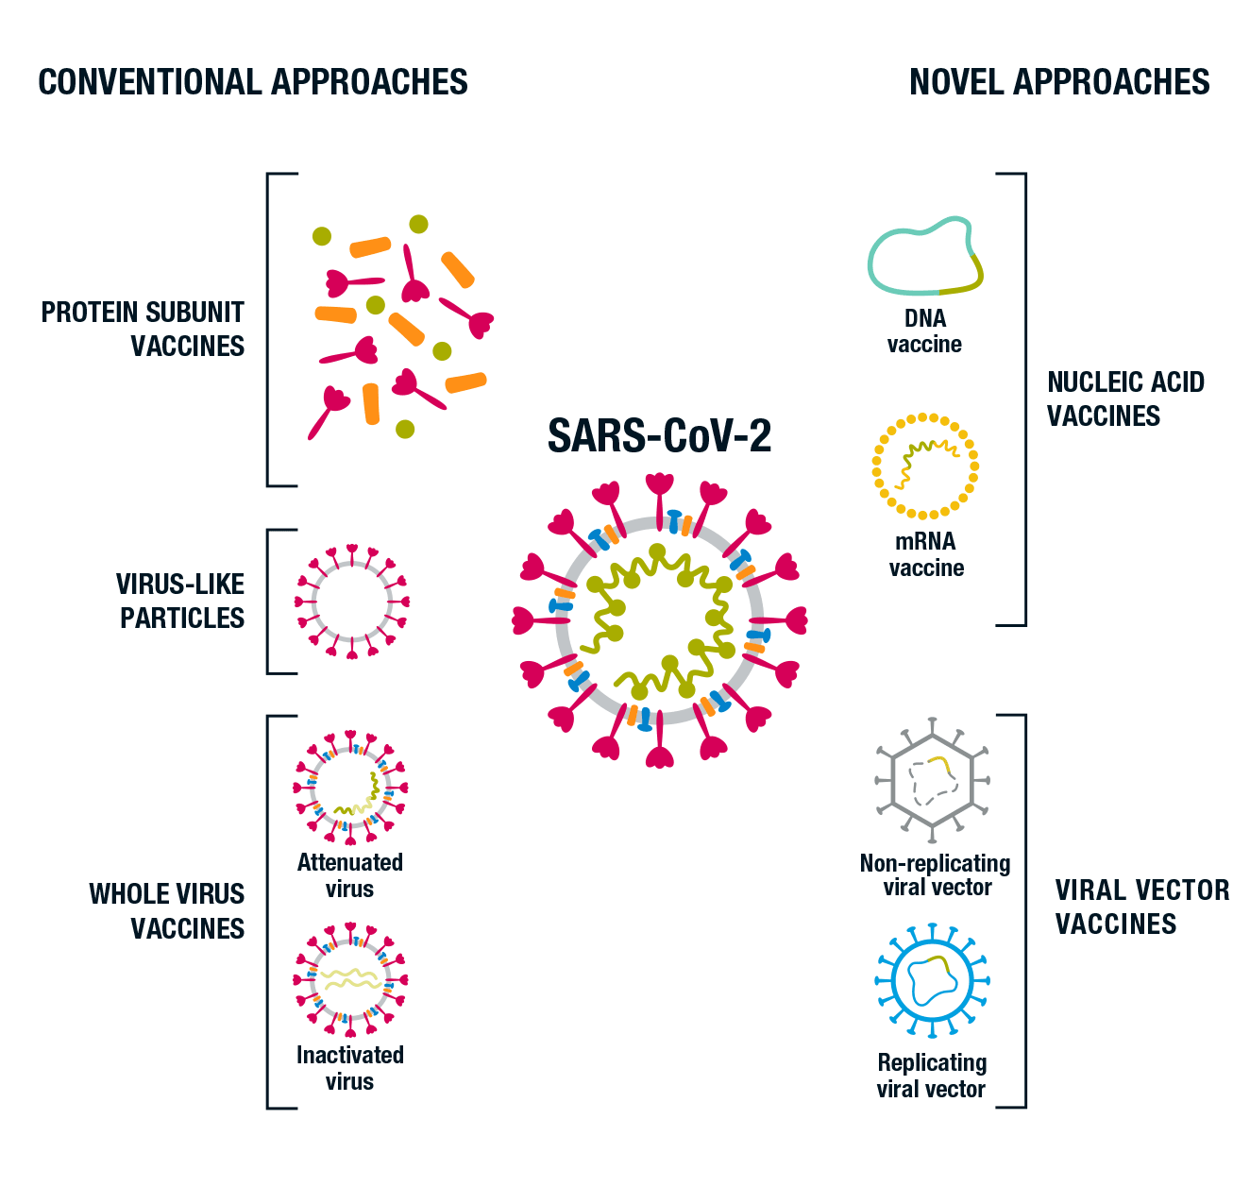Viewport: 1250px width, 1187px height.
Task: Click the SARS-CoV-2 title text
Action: [659, 435]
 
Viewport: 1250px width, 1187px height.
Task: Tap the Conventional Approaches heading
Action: [253, 82]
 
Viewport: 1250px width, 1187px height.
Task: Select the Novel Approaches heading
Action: [1059, 82]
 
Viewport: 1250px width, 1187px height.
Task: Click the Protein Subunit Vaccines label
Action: [144, 329]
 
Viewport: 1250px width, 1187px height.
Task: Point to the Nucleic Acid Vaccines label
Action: [1125, 398]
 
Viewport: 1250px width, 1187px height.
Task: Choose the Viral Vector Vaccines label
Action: [1142, 907]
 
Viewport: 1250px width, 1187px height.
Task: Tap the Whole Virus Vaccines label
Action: [166, 911]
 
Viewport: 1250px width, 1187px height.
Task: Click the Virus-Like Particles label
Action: [180, 601]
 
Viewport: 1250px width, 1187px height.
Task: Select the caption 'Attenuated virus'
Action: [350, 875]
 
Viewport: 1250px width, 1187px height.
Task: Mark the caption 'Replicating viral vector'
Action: [932, 1076]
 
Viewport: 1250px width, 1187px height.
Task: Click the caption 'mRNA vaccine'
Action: [926, 554]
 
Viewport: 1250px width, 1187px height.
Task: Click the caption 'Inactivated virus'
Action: [350, 1068]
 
